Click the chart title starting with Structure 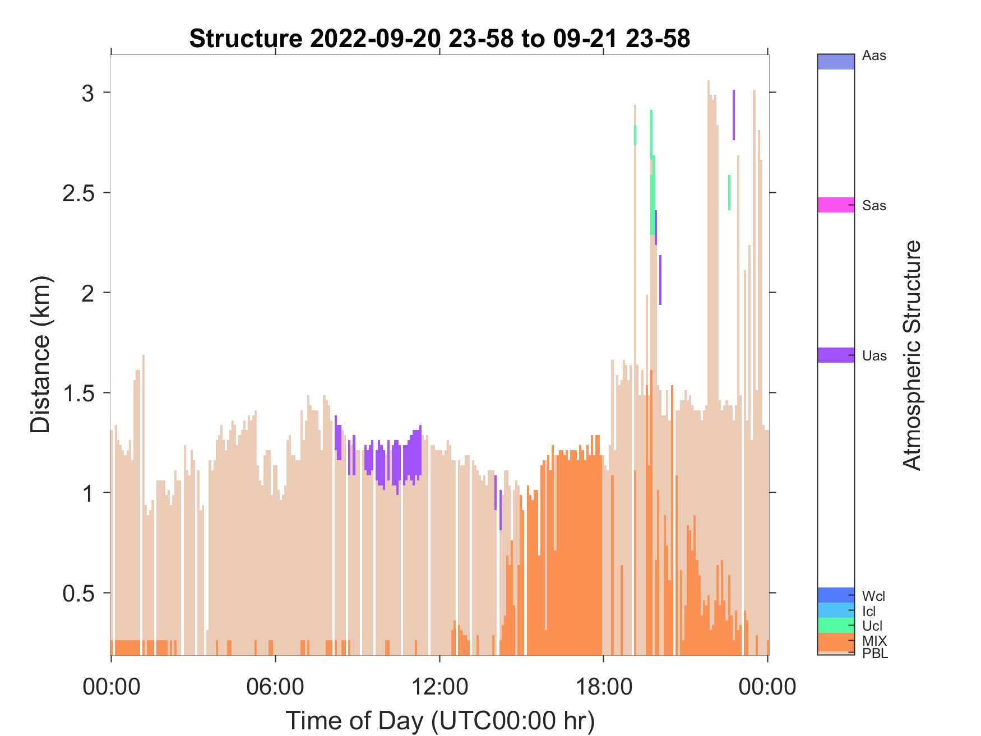pyautogui.click(x=439, y=39)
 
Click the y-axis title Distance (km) pyautogui.click(x=40, y=355)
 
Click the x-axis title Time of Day pyautogui.click(x=440, y=720)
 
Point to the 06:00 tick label pyautogui.click(x=275, y=686)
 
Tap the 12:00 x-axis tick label pyautogui.click(x=439, y=686)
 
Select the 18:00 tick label pyautogui.click(x=603, y=686)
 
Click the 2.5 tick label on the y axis pyautogui.click(x=78, y=192)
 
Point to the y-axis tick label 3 pyautogui.click(x=88, y=92)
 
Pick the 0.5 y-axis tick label pyautogui.click(x=78, y=593)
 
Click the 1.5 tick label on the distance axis pyautogui.click(x=78, y=392)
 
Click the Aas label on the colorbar pyautogui.click(x=874, y=56)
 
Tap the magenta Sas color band pyautogui.click(x=836, y=205)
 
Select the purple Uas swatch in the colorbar pyautogui.click(x=836, y=355)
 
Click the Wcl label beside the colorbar pyautogui.click(x=874, y=596)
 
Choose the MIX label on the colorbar pyautogui.click(x=874, y=641)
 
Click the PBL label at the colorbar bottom pyautogui.click(x=875, y=654)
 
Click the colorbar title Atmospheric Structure pyautogui.click(x=912, y=355)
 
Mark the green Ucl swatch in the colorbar pyautogui.click(x=836, y=625)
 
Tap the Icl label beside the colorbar pyautogui.click(x=869, y=612)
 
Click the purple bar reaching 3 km pyautogui.click(x=733, y=115)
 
